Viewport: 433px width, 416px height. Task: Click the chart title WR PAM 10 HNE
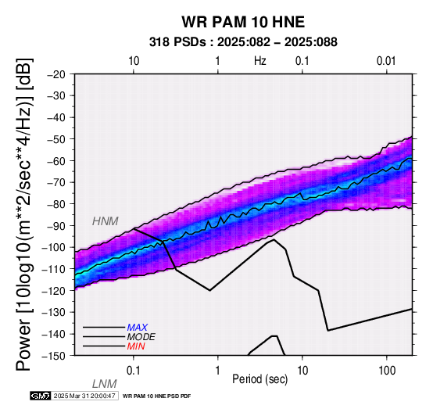[243, 22]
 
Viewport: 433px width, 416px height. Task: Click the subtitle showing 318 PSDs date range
[243, 42]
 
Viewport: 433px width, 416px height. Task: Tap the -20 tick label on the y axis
[56, 74]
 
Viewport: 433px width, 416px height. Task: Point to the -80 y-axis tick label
[56, 204]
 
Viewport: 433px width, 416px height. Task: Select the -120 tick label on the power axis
[54, 291]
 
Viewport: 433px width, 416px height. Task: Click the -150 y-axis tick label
[54, 356]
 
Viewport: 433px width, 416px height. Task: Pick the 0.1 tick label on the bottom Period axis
[134, 371]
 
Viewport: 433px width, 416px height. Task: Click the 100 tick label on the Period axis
[387, 371]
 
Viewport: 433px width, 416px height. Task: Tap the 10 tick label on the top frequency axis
[134, 61]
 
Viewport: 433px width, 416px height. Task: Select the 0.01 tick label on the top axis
[386, 61]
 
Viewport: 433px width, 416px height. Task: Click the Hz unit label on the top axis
[260, 61]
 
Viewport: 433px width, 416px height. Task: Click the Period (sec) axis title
[259, 379]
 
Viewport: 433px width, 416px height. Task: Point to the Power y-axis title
[23, 214]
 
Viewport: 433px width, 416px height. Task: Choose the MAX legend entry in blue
[138, 328]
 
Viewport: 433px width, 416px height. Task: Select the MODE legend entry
[141, 337]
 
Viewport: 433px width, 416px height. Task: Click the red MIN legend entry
[136, 346]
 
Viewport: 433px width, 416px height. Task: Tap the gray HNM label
[106, 221]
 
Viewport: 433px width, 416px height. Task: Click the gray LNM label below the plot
[105, 384]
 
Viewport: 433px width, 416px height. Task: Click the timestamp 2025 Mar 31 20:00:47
[84, 396]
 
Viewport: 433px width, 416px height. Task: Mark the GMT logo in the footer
[41, 396]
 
